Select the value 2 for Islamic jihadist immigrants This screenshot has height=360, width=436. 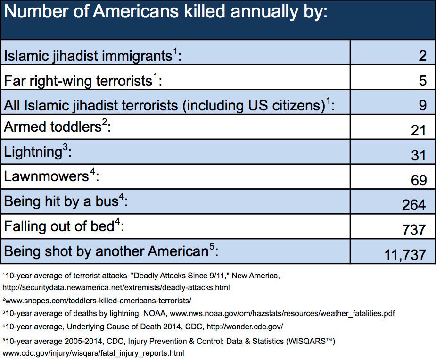422,56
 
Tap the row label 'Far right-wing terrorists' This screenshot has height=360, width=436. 77,81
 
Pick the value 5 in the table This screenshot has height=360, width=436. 422,81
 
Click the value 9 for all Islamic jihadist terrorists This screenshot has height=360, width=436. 422,105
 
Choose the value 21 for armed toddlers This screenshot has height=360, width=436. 418,131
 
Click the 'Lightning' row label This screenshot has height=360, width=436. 33,152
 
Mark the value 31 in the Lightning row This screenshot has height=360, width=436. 418,155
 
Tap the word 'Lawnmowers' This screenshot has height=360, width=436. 46,176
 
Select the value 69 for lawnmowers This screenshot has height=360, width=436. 418,180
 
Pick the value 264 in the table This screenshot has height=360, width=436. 413,205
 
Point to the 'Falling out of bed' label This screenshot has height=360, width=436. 59,226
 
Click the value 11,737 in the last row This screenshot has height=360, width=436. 405,255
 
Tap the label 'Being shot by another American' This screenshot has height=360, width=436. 106,251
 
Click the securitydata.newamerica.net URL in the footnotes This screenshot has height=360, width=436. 116,287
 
